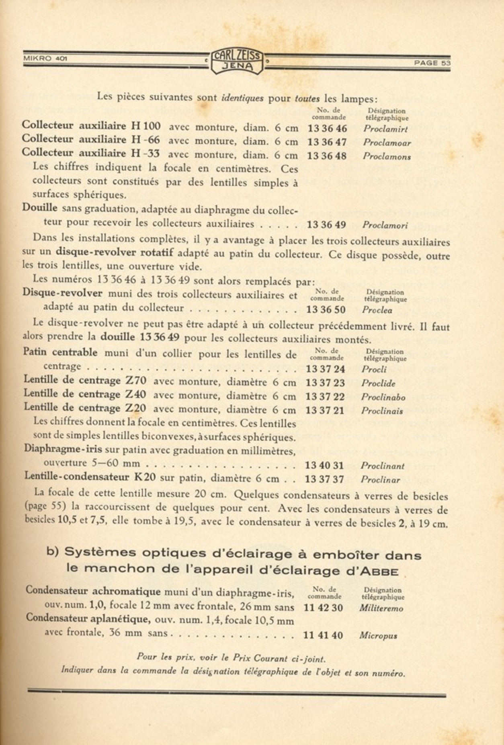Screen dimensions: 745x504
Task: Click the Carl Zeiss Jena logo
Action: click(x=237, y=61)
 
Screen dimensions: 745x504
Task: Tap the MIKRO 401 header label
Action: click(x=45, y=58)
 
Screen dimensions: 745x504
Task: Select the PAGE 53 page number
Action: click(x=432, y=63)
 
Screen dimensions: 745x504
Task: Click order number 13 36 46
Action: click(x=327, y=129)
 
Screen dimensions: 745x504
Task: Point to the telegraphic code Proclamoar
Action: click(x=387, y=143)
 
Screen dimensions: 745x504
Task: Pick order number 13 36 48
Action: click(x=327, y=156)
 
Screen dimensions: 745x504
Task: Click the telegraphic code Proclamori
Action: click(x=385, y=225)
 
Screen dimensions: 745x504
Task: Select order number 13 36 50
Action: click(x=326, y=310)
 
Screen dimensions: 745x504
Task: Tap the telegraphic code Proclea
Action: click(x=377, y=310)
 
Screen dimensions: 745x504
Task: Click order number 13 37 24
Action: click(x=325, y=369)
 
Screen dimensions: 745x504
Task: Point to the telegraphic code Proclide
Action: click(x=378, y=383)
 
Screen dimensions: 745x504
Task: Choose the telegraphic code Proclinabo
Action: click(x=383, y=397)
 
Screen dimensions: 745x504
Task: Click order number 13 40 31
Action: click(x=324, y=466)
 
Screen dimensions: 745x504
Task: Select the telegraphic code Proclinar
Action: click(x=380, y=480)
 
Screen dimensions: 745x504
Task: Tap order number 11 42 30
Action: click(x=323, y=608)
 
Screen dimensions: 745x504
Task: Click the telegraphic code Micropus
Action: click(x=378, y=636)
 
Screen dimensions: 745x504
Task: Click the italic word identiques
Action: click(x=242, y=98)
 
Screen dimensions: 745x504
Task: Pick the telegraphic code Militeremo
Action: click(x=381, y=608)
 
